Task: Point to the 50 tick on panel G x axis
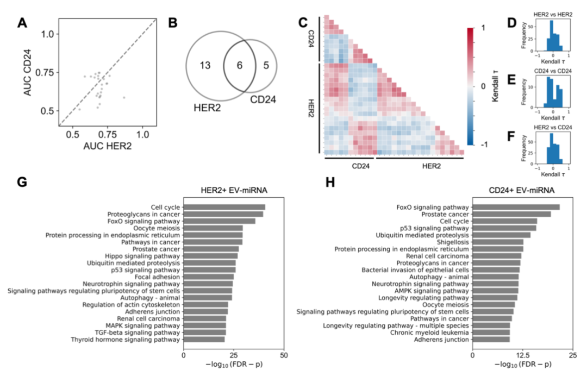(284, 354)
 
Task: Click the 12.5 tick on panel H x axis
(522, 354)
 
